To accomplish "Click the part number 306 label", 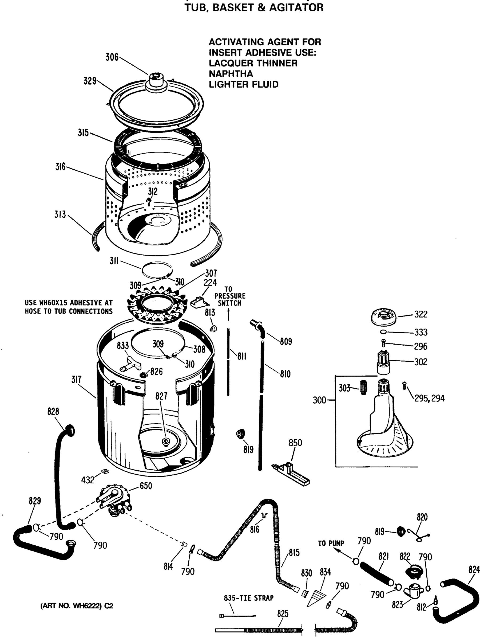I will click(x=112, y=57).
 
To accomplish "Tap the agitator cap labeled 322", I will click(x=384, y=317).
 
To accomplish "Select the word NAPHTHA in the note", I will click(x=231, y=74).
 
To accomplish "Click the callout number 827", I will click(x=161, y=396).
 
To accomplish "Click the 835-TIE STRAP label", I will click(x=248, y=598).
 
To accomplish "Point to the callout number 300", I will click(x=319, y=400).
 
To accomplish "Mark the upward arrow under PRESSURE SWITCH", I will click(x=228, y=315).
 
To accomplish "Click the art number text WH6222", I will click(x=86, y=606).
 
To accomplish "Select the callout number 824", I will click(x=474, y=570).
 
